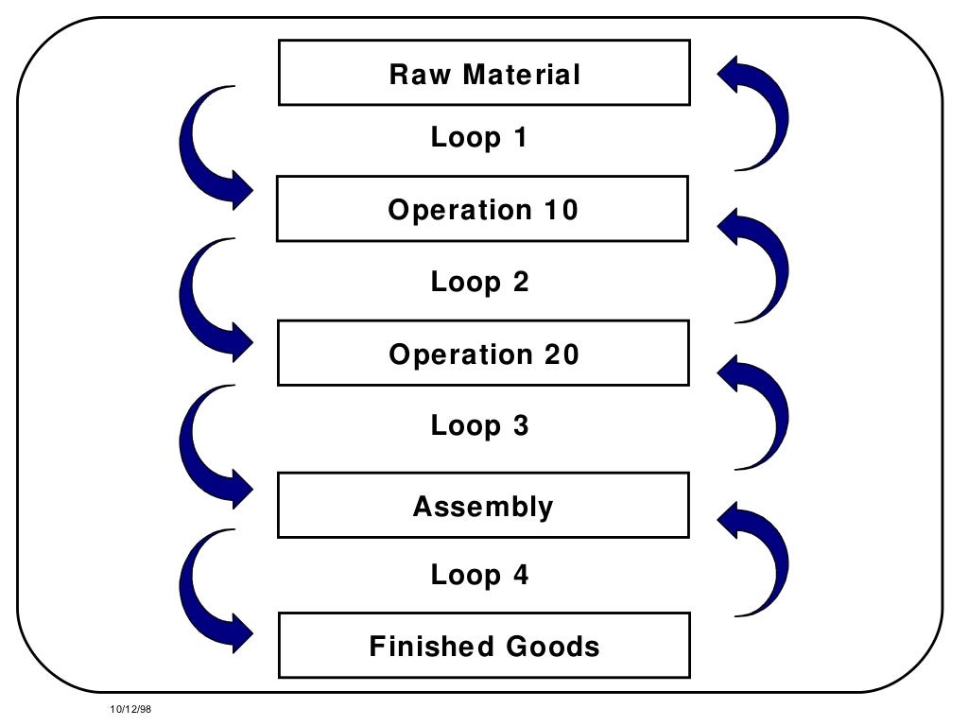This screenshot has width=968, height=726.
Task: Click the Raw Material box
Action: [484, 73]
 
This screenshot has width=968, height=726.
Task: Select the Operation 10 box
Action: [482, 209]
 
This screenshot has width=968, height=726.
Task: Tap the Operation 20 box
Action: [482, 354]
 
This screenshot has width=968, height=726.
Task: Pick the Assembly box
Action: [482, 506]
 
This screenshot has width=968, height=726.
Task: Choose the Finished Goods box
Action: [484, 646]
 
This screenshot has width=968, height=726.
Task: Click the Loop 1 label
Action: [479, 138]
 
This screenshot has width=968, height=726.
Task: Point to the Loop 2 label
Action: [479, 282]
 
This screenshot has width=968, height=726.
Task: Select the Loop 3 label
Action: [479, 425]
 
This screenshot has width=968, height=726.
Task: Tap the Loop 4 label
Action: [479, 575]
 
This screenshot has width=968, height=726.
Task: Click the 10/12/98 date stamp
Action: [130, 708]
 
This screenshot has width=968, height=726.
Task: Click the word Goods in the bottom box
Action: [553, 647]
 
